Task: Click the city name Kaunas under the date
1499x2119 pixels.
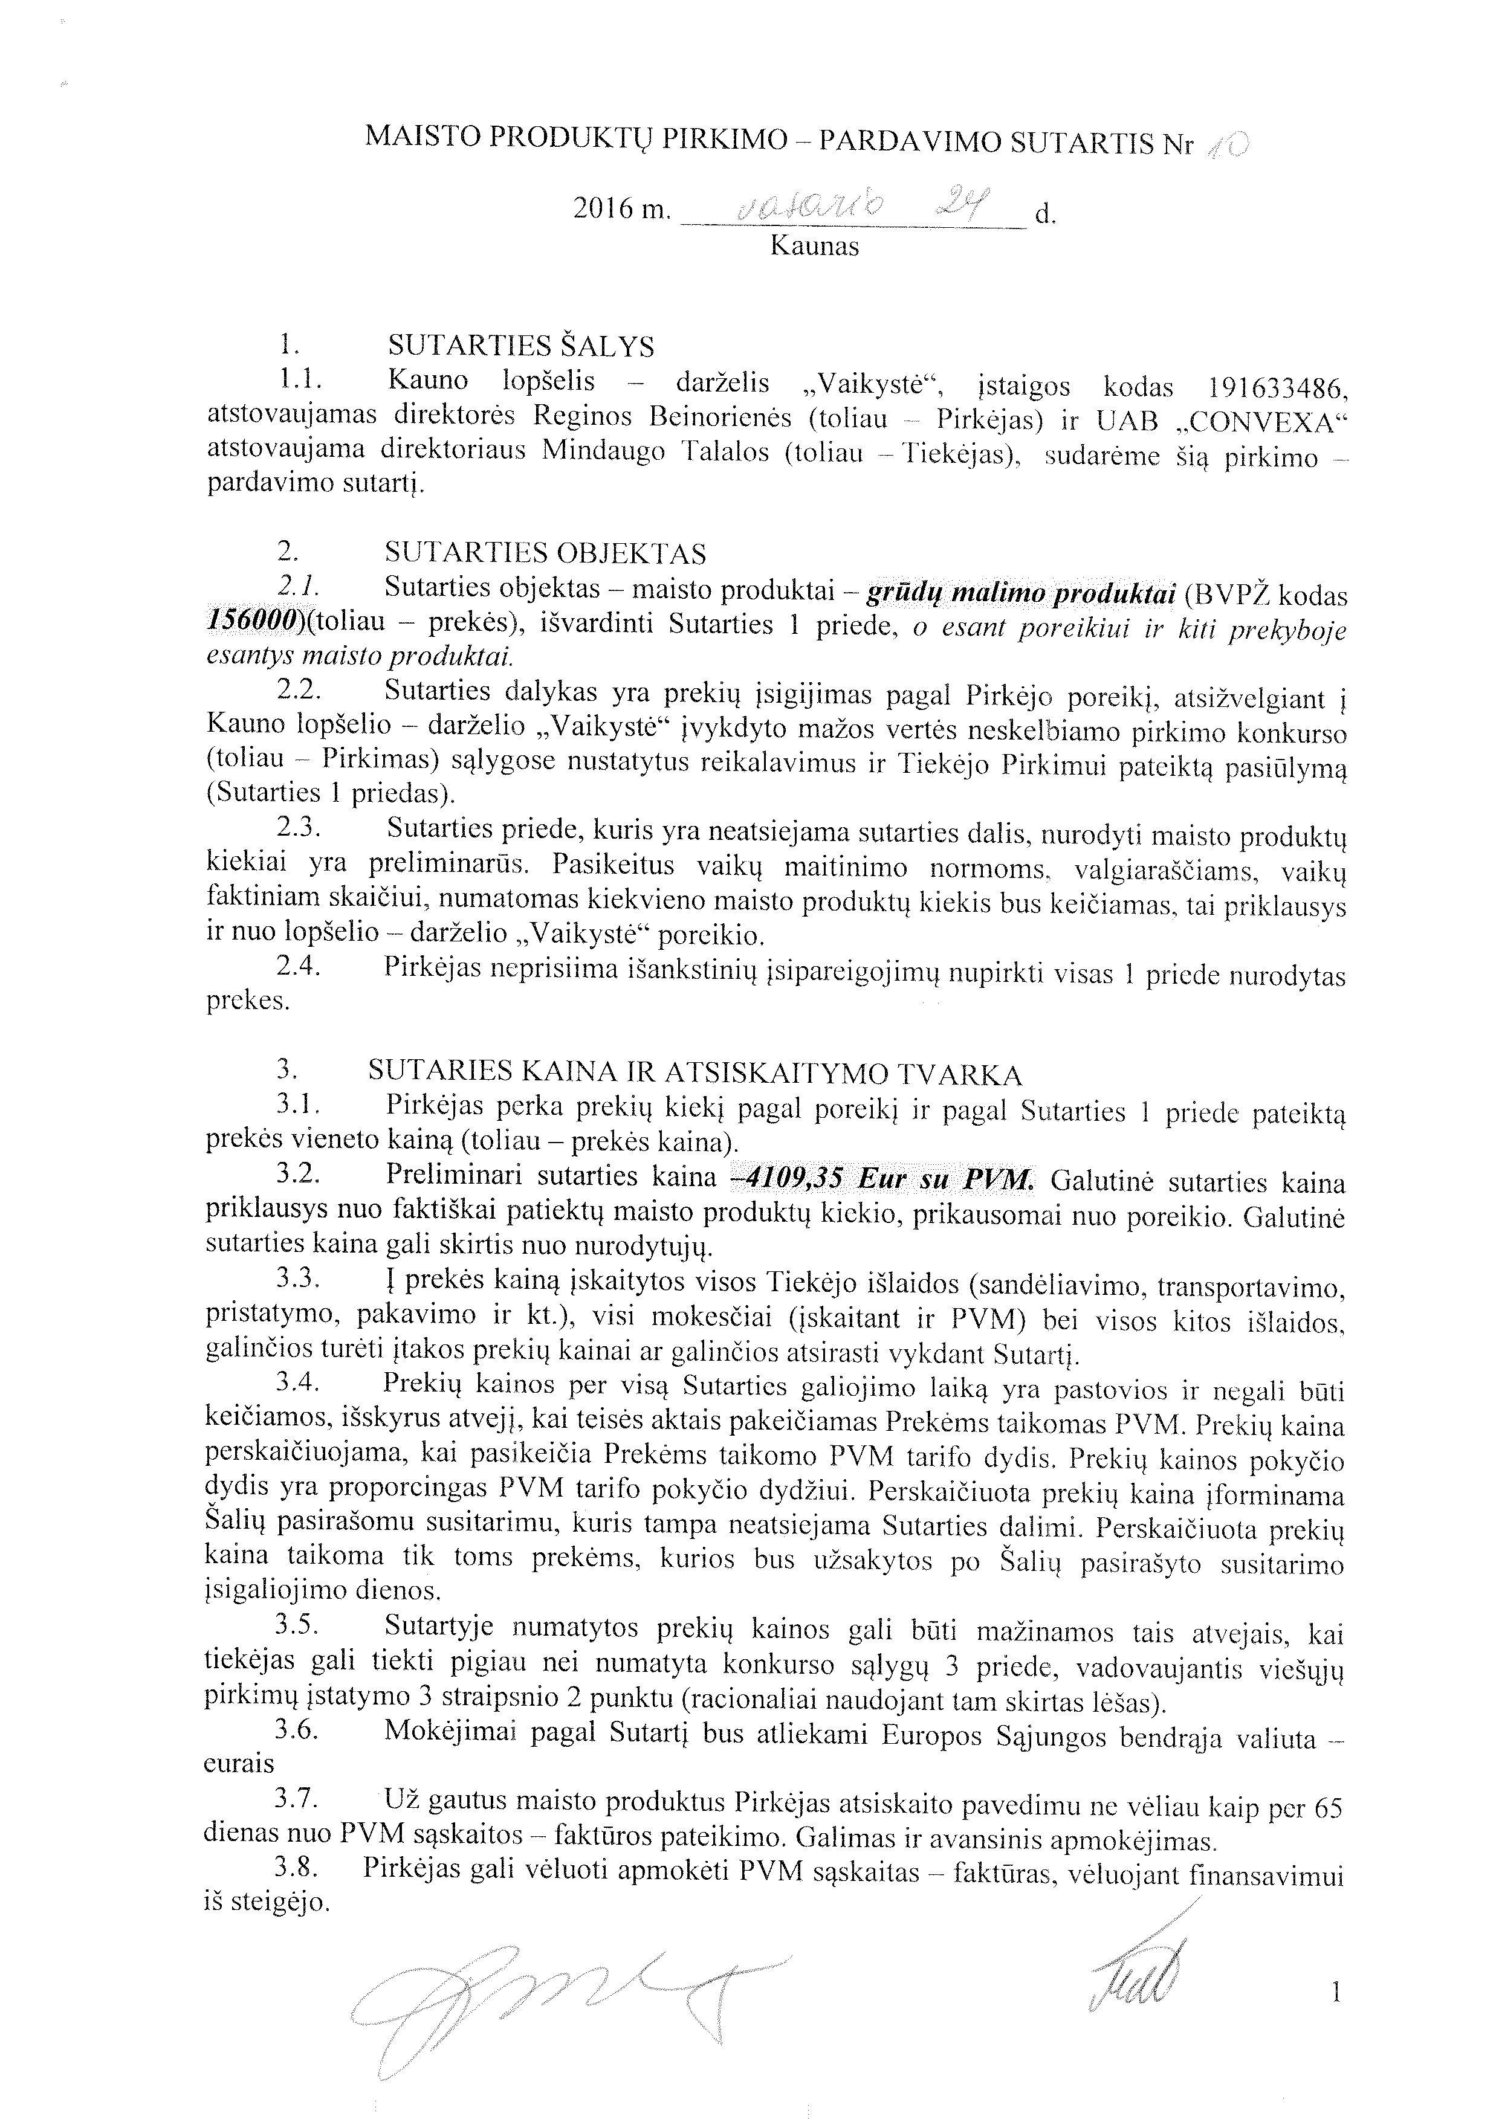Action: (814, 247)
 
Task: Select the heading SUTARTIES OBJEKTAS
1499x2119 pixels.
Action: (546, 553)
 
